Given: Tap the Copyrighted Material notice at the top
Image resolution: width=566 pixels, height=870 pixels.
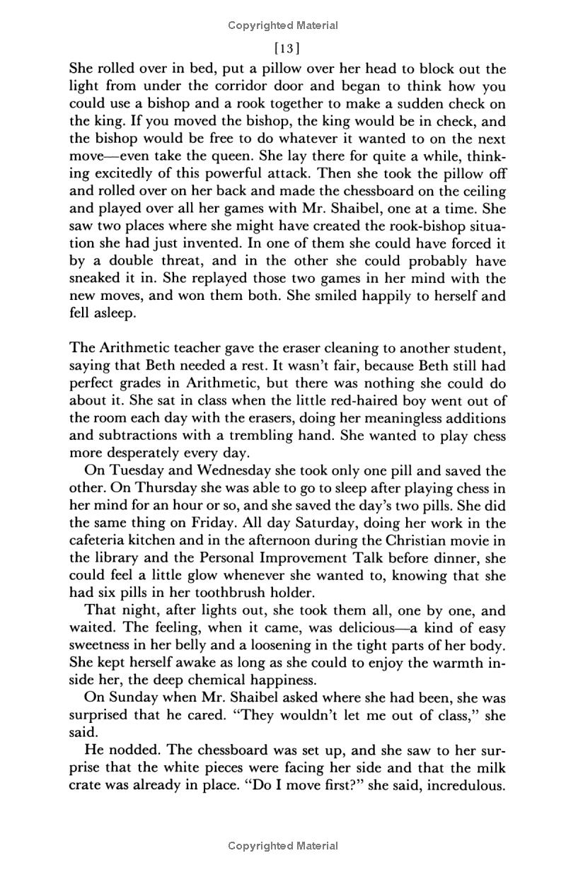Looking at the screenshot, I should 283,25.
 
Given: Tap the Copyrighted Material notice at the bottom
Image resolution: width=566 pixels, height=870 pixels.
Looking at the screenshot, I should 283,845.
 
